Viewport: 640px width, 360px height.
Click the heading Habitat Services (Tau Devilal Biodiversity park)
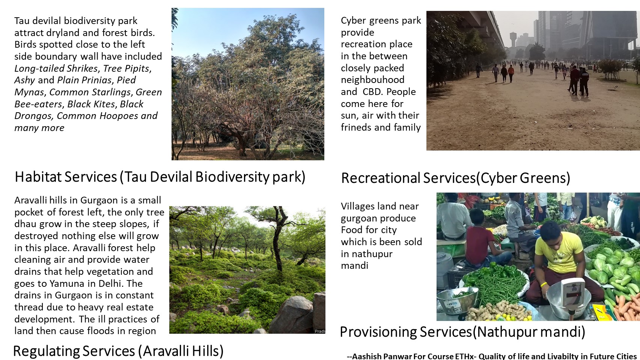[160, 177]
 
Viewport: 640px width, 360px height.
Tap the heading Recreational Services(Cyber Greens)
[456, 178]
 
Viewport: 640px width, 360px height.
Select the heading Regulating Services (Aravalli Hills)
[118, 351]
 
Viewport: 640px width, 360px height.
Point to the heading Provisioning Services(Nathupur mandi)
[462, 332]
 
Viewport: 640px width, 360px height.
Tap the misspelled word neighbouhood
[373, 80]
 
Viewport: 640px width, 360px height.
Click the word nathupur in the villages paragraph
[372, 254]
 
